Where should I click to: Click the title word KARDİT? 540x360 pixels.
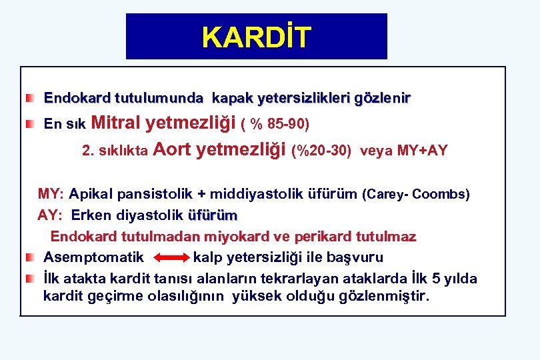click(257, 37)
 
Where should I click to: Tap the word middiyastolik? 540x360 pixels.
click(257, 195)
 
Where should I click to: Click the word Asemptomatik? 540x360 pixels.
click(93, 257)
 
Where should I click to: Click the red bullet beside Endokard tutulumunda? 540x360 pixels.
click(30, 99)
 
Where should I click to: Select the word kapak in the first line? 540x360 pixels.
click(232, 99)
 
